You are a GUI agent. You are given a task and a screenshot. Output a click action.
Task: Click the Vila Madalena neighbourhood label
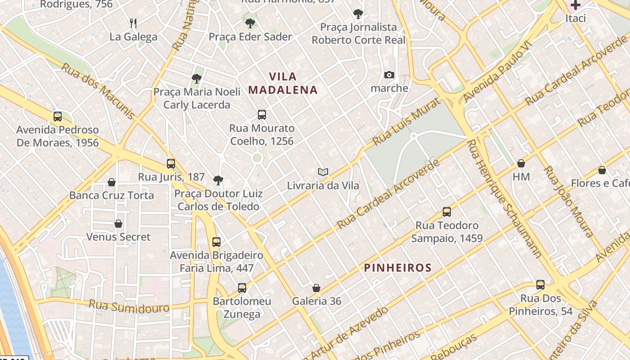click(283, 83)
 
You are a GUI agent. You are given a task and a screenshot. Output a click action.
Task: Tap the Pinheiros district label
click(398, 268)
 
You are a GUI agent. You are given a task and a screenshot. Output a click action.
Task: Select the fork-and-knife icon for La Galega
click(133, 23)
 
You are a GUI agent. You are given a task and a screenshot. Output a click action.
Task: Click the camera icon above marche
click(389, 75)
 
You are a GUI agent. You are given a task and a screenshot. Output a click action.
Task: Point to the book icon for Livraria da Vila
click(323, 172)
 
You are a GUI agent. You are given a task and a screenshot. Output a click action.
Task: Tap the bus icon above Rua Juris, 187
click(171, 164)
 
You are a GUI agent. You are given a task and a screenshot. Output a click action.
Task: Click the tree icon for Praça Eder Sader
click(250, 23)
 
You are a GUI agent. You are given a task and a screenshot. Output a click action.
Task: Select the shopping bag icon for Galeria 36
click(316, 288)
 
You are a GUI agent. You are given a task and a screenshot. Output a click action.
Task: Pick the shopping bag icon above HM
click(521, 163)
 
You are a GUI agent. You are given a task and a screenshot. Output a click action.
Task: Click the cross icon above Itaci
click(576, 5)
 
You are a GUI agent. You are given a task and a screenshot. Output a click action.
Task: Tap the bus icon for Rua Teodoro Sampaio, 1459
click(447, 212)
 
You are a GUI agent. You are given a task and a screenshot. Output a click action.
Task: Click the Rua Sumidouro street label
click(129, 306)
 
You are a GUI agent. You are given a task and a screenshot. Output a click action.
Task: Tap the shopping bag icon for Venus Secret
click(118, 224)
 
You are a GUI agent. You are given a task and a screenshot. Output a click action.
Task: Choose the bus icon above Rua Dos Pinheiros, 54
click(540, 285)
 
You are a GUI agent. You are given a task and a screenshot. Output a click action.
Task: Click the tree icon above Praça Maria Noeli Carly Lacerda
click(196, 79)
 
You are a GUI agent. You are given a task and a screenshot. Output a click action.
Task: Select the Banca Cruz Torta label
click(112, 196)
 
